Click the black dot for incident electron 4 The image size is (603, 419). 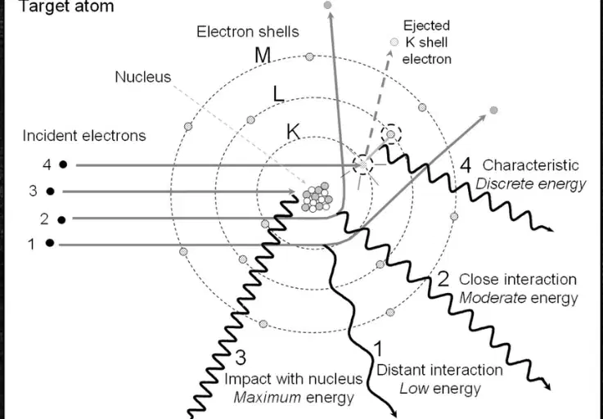click(63, 164)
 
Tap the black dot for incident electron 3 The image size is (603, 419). click(51, 191)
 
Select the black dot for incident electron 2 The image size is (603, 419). click(61, 219)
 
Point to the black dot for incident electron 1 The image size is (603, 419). click(50, 243)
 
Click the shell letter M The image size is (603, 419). click(263, 56)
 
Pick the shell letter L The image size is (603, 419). click(278, 94)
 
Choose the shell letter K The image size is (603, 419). click(293, 132)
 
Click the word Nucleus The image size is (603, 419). click(143, 77)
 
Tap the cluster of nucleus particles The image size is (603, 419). click(317, 197)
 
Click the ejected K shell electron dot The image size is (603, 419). click(394, 42)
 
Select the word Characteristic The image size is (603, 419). click(531, 165)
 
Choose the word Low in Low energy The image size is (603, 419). click(414, 389)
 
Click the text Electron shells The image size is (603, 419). click(248, 32)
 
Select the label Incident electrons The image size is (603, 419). click(84, 135)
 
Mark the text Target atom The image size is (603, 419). click(66, 7)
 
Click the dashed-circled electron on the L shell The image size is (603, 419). click(391, 134)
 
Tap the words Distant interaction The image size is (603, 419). click(439, 370)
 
